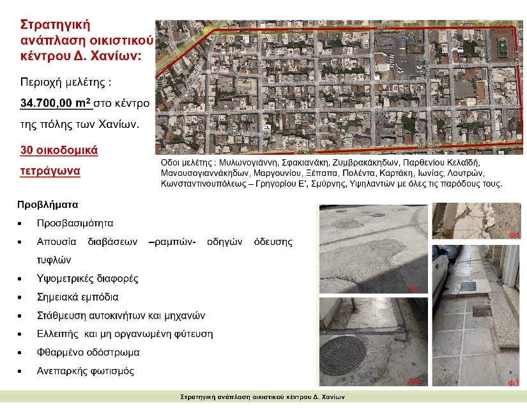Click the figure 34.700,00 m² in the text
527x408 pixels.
[x=56, y=102]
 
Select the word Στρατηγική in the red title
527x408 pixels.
[x=56, y=25]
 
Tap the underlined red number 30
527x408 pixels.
[x=27, y=151]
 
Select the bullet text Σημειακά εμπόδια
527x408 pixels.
[x=77, y=297]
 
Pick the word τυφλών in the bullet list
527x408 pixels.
[x=53, y=260]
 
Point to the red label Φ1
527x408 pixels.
[x=414, y=289]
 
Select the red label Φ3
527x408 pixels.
[x=513, y=382]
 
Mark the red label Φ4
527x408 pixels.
[x=514, y=236]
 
